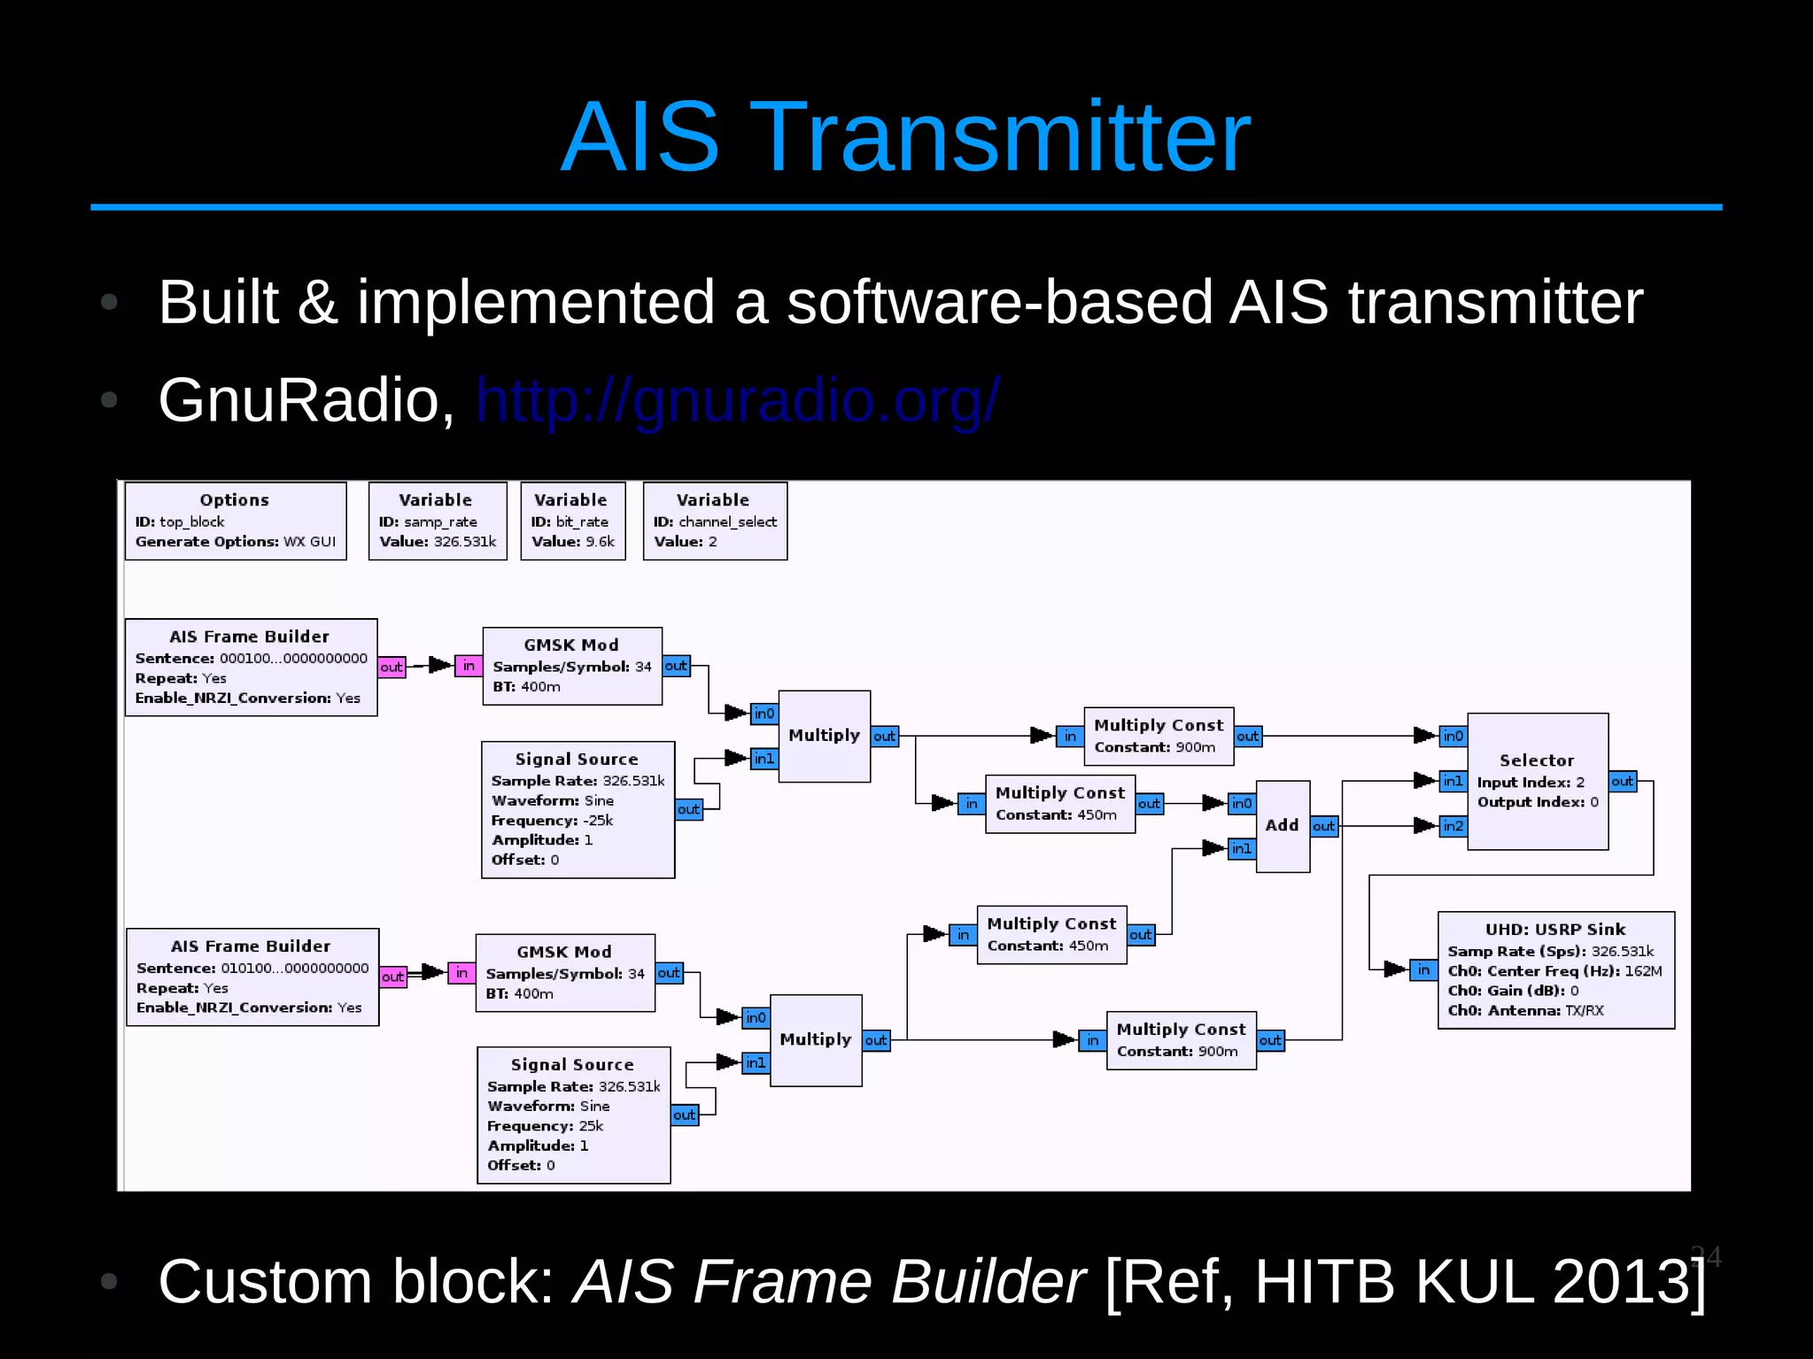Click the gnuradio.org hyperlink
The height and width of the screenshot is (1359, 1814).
(x=738, y=400)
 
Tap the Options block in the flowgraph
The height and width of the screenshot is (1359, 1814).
(x=235, y=521)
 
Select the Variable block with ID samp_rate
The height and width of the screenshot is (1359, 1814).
(x=438, y=521)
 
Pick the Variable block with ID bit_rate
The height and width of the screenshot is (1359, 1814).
(x=573, y=521)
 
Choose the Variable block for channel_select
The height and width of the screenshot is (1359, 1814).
(x=715, y=521)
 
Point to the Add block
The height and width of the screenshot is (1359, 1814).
(x=1282, y=825)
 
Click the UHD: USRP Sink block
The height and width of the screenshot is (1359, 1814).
(x=1555, y=969)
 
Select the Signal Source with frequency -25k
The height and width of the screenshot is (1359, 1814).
(x=578, y=809)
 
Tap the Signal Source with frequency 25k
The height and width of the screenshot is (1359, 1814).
(x=573, y=1115)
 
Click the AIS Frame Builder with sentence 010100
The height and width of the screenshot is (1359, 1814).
(x=252, y=977)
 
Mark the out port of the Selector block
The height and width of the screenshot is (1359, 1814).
(x=1623, y=781)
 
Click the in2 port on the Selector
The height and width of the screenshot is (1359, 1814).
(x=1453, y=826)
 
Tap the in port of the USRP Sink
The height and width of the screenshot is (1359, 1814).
(x=1423, y=969)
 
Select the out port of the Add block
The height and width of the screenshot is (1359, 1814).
(x=1323, y=826)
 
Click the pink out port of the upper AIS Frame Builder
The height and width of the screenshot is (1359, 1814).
(x=391, y=667)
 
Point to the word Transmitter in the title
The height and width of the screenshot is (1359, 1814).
(x=1000, y=137)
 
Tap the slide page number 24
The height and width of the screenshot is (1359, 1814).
(x=1706, y=1256)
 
